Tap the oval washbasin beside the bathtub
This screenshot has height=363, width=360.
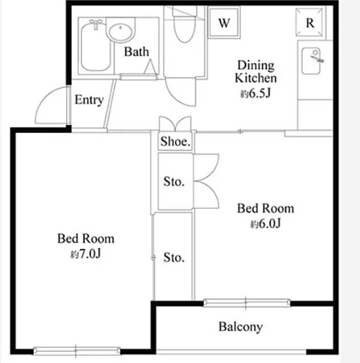(120, 32)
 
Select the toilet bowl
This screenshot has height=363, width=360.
(184, 28)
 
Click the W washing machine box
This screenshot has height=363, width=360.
(224, 22)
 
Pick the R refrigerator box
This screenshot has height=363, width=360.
(310, 22)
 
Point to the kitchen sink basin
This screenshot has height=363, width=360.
(311, 61)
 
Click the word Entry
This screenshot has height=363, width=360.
(89, 100)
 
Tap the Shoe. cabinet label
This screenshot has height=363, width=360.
(176, 141)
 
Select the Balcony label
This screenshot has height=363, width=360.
(240, 327)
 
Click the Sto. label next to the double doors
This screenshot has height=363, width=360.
(174, 181)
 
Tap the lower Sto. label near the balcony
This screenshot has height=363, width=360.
(174, 257)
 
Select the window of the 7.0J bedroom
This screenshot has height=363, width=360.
(77, 351)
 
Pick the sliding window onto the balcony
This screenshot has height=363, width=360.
(247, 302)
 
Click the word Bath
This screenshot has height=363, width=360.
(137, 51)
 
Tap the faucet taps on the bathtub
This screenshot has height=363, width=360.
(96, 23)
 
